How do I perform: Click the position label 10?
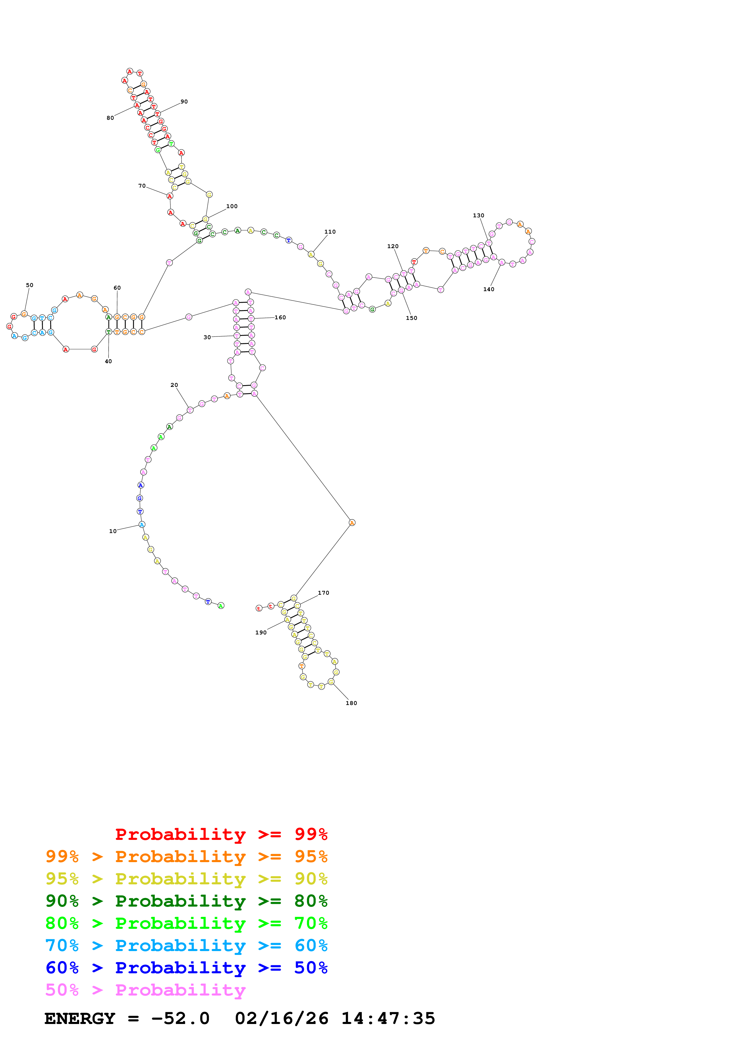tap(113, 531)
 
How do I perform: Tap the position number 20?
tap(174, 385)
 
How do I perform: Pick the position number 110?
tap(330, 232)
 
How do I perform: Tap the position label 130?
tap(479, 215)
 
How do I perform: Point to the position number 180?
tap(351, 703)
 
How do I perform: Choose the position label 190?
tap(261, 632)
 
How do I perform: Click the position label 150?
tap(412, 318)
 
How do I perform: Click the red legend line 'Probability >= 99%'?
tap(221, 834)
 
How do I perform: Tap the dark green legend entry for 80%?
tap(186, 901)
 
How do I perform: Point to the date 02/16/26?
tap(282, 1019)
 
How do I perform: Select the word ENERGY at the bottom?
tap(80, 1019)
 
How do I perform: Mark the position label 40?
tap(108, 361)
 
